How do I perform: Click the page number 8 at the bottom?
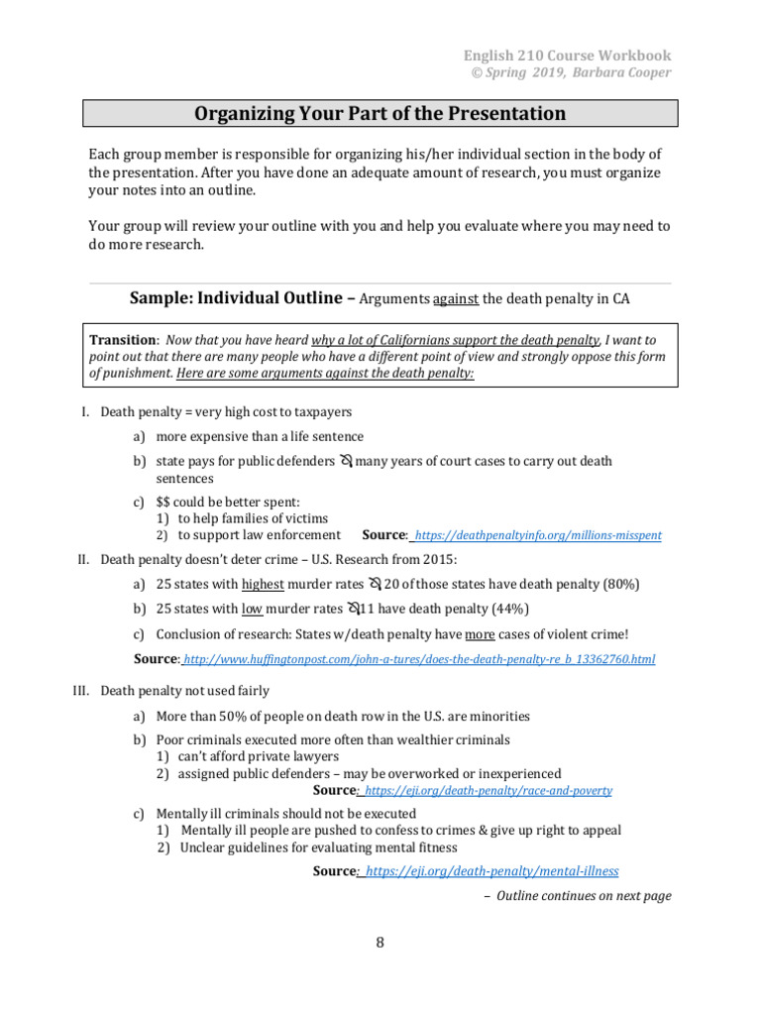tap(380, 943)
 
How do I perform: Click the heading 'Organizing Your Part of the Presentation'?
tap(380, 113)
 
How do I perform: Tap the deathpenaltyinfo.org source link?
tap(538, 535)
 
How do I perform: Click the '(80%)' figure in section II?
tap(619, 585)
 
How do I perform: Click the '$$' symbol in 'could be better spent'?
tap(163, 503)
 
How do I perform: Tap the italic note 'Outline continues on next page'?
tap(584, 896)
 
